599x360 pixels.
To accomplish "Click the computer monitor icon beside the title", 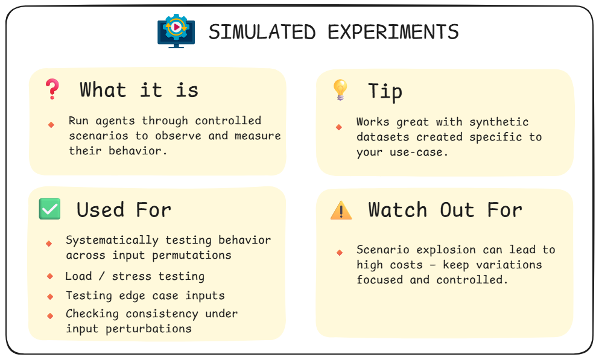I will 176,30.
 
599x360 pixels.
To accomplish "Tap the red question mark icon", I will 52,90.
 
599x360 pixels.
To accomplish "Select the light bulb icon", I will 340,90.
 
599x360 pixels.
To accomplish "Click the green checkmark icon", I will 49,209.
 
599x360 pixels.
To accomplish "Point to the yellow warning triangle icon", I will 341,210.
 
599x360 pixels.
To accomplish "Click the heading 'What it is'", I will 139,90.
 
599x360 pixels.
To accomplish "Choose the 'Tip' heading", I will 385,92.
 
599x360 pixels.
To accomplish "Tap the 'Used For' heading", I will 124,210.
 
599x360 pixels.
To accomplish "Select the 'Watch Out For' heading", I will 445,210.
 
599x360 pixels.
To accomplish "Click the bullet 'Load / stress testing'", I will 135,277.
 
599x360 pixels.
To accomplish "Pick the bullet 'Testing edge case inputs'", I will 145,295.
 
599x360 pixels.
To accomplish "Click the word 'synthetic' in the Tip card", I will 499,122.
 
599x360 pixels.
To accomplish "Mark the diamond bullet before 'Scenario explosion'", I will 340,252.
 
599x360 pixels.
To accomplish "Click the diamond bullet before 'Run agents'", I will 51,124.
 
